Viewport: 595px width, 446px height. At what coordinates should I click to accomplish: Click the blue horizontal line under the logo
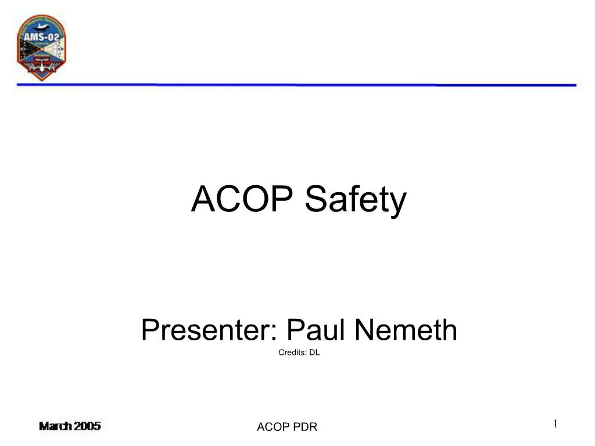296,85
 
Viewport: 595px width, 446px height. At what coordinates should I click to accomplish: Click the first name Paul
317,330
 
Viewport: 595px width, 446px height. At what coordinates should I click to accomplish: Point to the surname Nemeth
406,330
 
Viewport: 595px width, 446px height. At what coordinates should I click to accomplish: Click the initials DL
314,353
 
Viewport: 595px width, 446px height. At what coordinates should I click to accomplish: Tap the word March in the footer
56,426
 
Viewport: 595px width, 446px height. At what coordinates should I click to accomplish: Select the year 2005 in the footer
87,426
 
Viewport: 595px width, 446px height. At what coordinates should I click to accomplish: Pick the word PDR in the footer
304,427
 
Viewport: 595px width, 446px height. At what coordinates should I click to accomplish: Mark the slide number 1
555,424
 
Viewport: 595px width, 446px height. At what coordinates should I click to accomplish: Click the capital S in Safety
315,199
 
